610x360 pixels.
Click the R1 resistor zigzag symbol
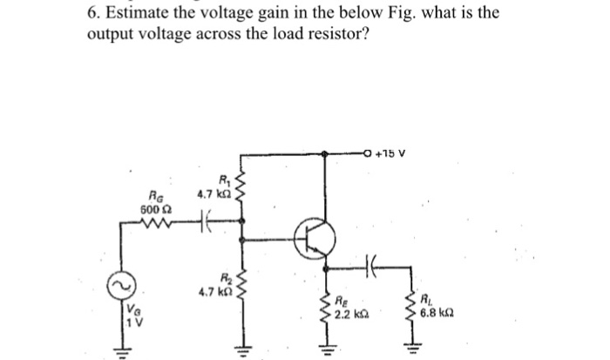242,191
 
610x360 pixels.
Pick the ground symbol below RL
409,346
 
